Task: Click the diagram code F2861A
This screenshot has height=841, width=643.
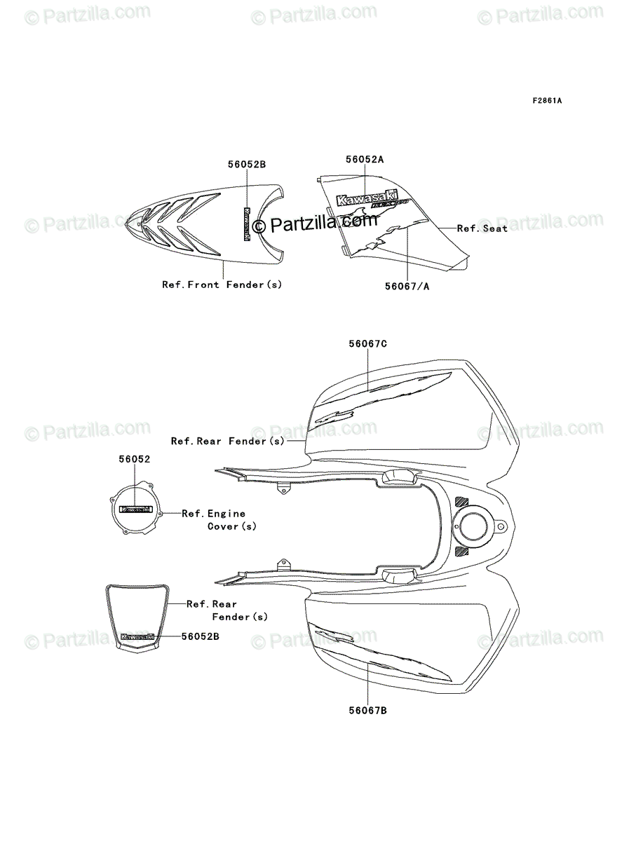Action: [546, 101]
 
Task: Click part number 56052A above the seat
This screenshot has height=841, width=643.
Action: [365, 159]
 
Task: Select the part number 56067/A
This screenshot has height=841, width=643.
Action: [407, 285]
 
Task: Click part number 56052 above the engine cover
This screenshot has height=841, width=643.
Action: [134, 458]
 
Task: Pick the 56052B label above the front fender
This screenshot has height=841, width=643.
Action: [247, 164]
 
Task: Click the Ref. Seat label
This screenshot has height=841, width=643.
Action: [482, 228]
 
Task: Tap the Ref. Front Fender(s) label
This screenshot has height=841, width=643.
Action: [222, 285]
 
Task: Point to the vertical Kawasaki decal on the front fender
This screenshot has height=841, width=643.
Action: [246, 224]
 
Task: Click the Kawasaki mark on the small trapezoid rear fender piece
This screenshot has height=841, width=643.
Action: [137, 637]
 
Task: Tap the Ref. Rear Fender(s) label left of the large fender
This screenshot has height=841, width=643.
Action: [228, 441]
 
